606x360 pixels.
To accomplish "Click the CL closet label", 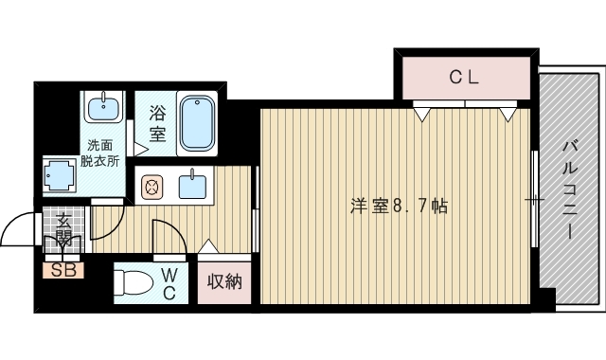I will pos(464,79).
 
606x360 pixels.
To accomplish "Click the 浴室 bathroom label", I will pos(157,124).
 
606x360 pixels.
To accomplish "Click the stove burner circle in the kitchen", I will pos(151,186).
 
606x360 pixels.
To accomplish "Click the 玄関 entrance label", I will pos(63,230).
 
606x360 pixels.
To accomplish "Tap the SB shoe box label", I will pos(62,270).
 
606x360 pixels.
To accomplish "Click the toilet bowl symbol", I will pos(132,283).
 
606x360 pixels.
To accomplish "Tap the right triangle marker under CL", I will pos(508,113).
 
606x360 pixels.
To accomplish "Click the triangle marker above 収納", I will pos(209,248).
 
